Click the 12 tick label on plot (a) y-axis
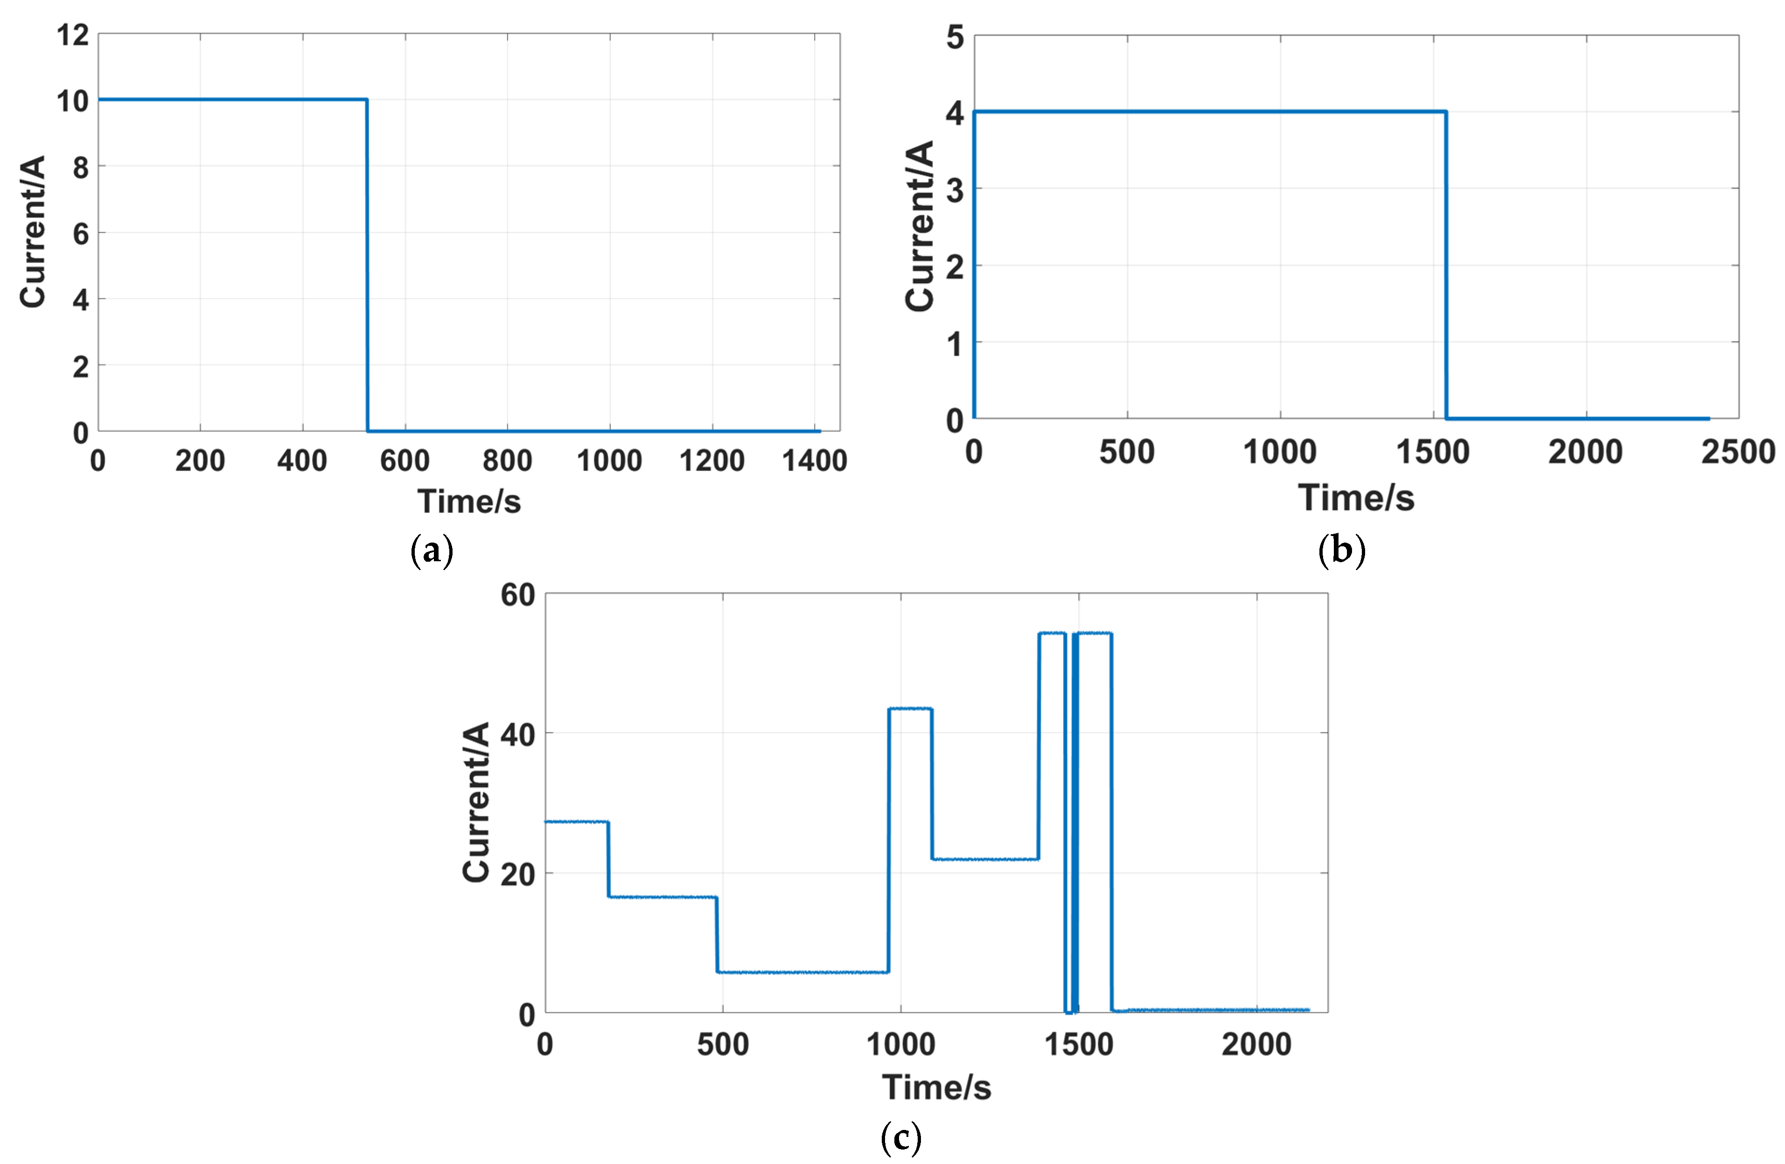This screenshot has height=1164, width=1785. pyautogui.click(x=73, y=35)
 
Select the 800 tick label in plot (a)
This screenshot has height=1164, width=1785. pyautogui.click(x=507, y=460)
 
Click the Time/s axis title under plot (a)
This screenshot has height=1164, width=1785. pyautogui.click(x=469, y=501)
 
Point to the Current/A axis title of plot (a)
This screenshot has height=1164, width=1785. pyautogui.click(x=33, y=232)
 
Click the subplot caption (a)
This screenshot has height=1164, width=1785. pyautogui.click(x=432, y=551)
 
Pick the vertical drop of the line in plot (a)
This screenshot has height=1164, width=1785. pyautogui.click(x=367, y=263)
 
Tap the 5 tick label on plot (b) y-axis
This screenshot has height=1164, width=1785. pyautogui.click(x=955, y=37)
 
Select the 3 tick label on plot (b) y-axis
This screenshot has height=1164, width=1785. pyautogui.click(x=955, y=190)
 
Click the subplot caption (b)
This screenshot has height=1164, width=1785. pyautogui.click(x=1341, y=551)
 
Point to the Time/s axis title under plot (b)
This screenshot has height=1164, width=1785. pyautogui.click(x=1356, y=498)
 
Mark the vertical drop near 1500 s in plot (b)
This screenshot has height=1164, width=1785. pyautogui.click(x=1445, y=263)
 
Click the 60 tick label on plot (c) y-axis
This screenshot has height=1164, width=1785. pyautogui.click(x=517, y=595)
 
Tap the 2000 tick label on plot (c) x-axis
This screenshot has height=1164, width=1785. pyautogui.click(x=1256, y=1044)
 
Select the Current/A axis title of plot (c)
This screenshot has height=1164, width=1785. pyautogui.click(x=476, y=802)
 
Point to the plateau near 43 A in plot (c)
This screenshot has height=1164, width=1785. pyautogui.click(x=910, y=709)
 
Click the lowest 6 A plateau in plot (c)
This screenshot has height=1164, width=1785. pyautogui.click(x=802, y=972)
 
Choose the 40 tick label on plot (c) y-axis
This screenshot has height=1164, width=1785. pyautogui.click(x=517, y=735)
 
